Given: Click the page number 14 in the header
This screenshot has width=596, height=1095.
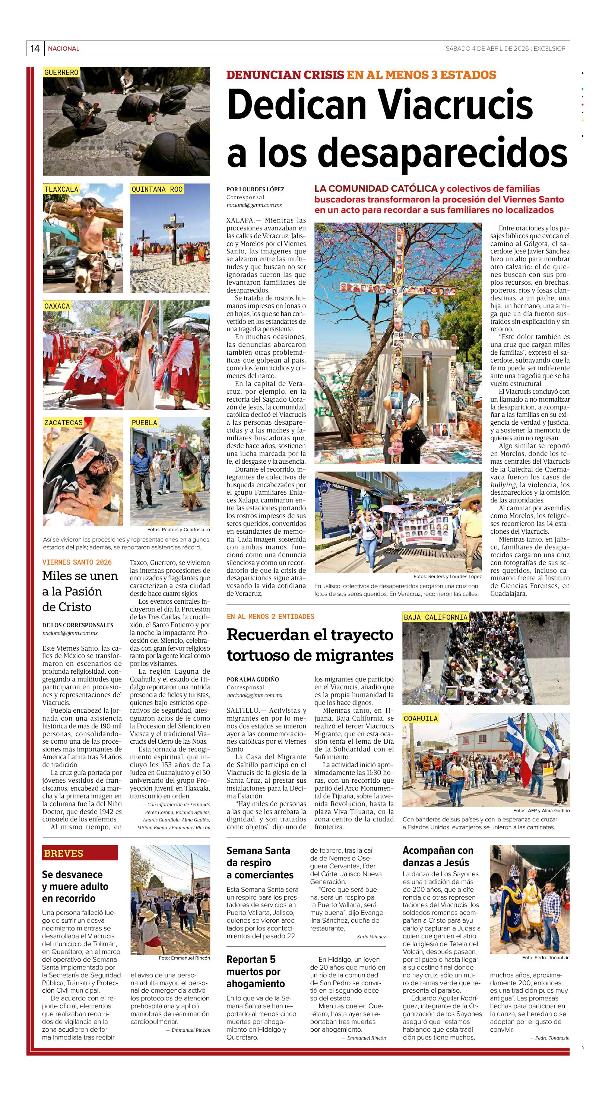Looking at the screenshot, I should tap(35, 48).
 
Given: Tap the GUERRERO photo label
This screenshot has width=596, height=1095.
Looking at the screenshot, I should tap(61, 72).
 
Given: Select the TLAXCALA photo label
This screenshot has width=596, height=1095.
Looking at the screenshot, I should tap(61, 189).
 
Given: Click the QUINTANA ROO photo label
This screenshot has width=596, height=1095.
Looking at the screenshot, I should tap(157, 189).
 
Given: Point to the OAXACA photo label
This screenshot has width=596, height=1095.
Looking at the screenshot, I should tap(57, 306).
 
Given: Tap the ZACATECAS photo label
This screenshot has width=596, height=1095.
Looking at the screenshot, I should tap(63, 422).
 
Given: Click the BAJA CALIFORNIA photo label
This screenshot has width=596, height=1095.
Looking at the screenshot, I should tap(435, 617).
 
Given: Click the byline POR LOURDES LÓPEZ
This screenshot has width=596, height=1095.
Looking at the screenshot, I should tap(255, 189).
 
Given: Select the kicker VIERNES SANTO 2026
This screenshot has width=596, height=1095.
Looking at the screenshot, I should tap(77, 562).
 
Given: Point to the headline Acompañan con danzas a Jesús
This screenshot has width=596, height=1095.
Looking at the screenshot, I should tap(437, 856).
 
